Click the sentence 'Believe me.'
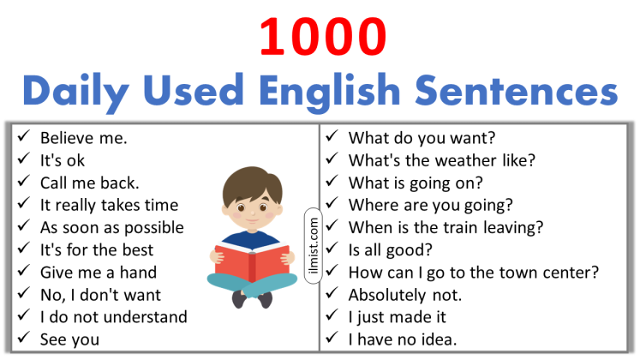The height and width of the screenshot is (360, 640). [x=83, y=138]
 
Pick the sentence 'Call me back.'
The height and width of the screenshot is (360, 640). [x=89, y=183]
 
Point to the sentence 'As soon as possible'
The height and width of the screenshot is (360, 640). [x=111, y=227]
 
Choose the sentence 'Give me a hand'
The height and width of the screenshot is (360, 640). [x=98, y=272]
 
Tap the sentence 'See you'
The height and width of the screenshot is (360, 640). [x=69, y=339]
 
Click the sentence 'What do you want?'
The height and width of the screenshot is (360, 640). [x=422, y=137]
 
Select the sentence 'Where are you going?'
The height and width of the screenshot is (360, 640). [x=430, y=205]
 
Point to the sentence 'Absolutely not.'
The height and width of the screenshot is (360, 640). [x=405, y=295]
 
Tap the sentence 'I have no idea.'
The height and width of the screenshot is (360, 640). [x=403, y=339]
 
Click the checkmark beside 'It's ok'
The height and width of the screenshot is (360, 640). [x=23, y=160]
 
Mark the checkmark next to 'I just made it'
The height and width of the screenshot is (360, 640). [x=332, y=317]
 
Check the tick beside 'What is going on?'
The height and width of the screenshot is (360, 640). [x=332, y=183]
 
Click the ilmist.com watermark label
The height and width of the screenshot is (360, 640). [x=312, y=242]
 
